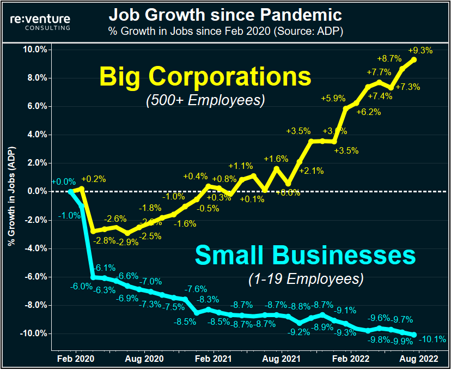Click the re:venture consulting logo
coord(40,21)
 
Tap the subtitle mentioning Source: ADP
coord(225,31)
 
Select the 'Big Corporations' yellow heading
coord(205,76)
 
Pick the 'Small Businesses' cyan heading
coord(305,255)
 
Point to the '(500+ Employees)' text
coord(205,100)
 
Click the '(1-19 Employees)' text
coord(306,279)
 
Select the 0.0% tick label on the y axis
coord(35,191)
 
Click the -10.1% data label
coord(433,339)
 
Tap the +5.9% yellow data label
coord(333,99)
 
